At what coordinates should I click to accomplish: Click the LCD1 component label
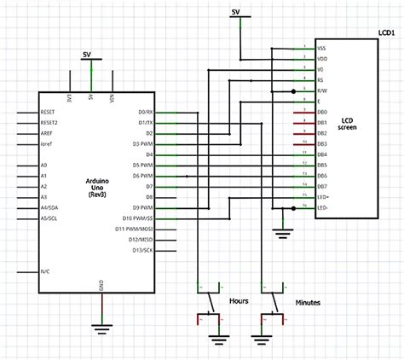click(x=386, y=33)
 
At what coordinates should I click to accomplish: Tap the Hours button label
click(x=239, y=301)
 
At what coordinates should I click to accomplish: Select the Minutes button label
click(x=308, y=302)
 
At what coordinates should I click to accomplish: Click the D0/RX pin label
click(x=145, y=112)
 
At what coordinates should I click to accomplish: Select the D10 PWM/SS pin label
click(x=138, y=218)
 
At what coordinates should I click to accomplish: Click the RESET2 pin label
click(x=49, y=123)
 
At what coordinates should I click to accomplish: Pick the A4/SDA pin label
click(x=50, y=206)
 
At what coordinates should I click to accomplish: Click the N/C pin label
click(x=45, y=271)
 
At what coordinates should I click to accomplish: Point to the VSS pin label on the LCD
click(x=321, y=48)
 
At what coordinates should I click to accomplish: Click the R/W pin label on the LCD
click(x=321, y=90)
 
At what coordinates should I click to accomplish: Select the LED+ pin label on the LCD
click(x=322, y=196)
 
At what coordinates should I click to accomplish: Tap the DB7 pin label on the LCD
click(x=321, y=185)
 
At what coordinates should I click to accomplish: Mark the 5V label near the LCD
click(x=235, y=11)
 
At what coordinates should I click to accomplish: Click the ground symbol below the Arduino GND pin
click(x=102, y=326)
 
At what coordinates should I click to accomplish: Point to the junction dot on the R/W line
click(x=293, y=90)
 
